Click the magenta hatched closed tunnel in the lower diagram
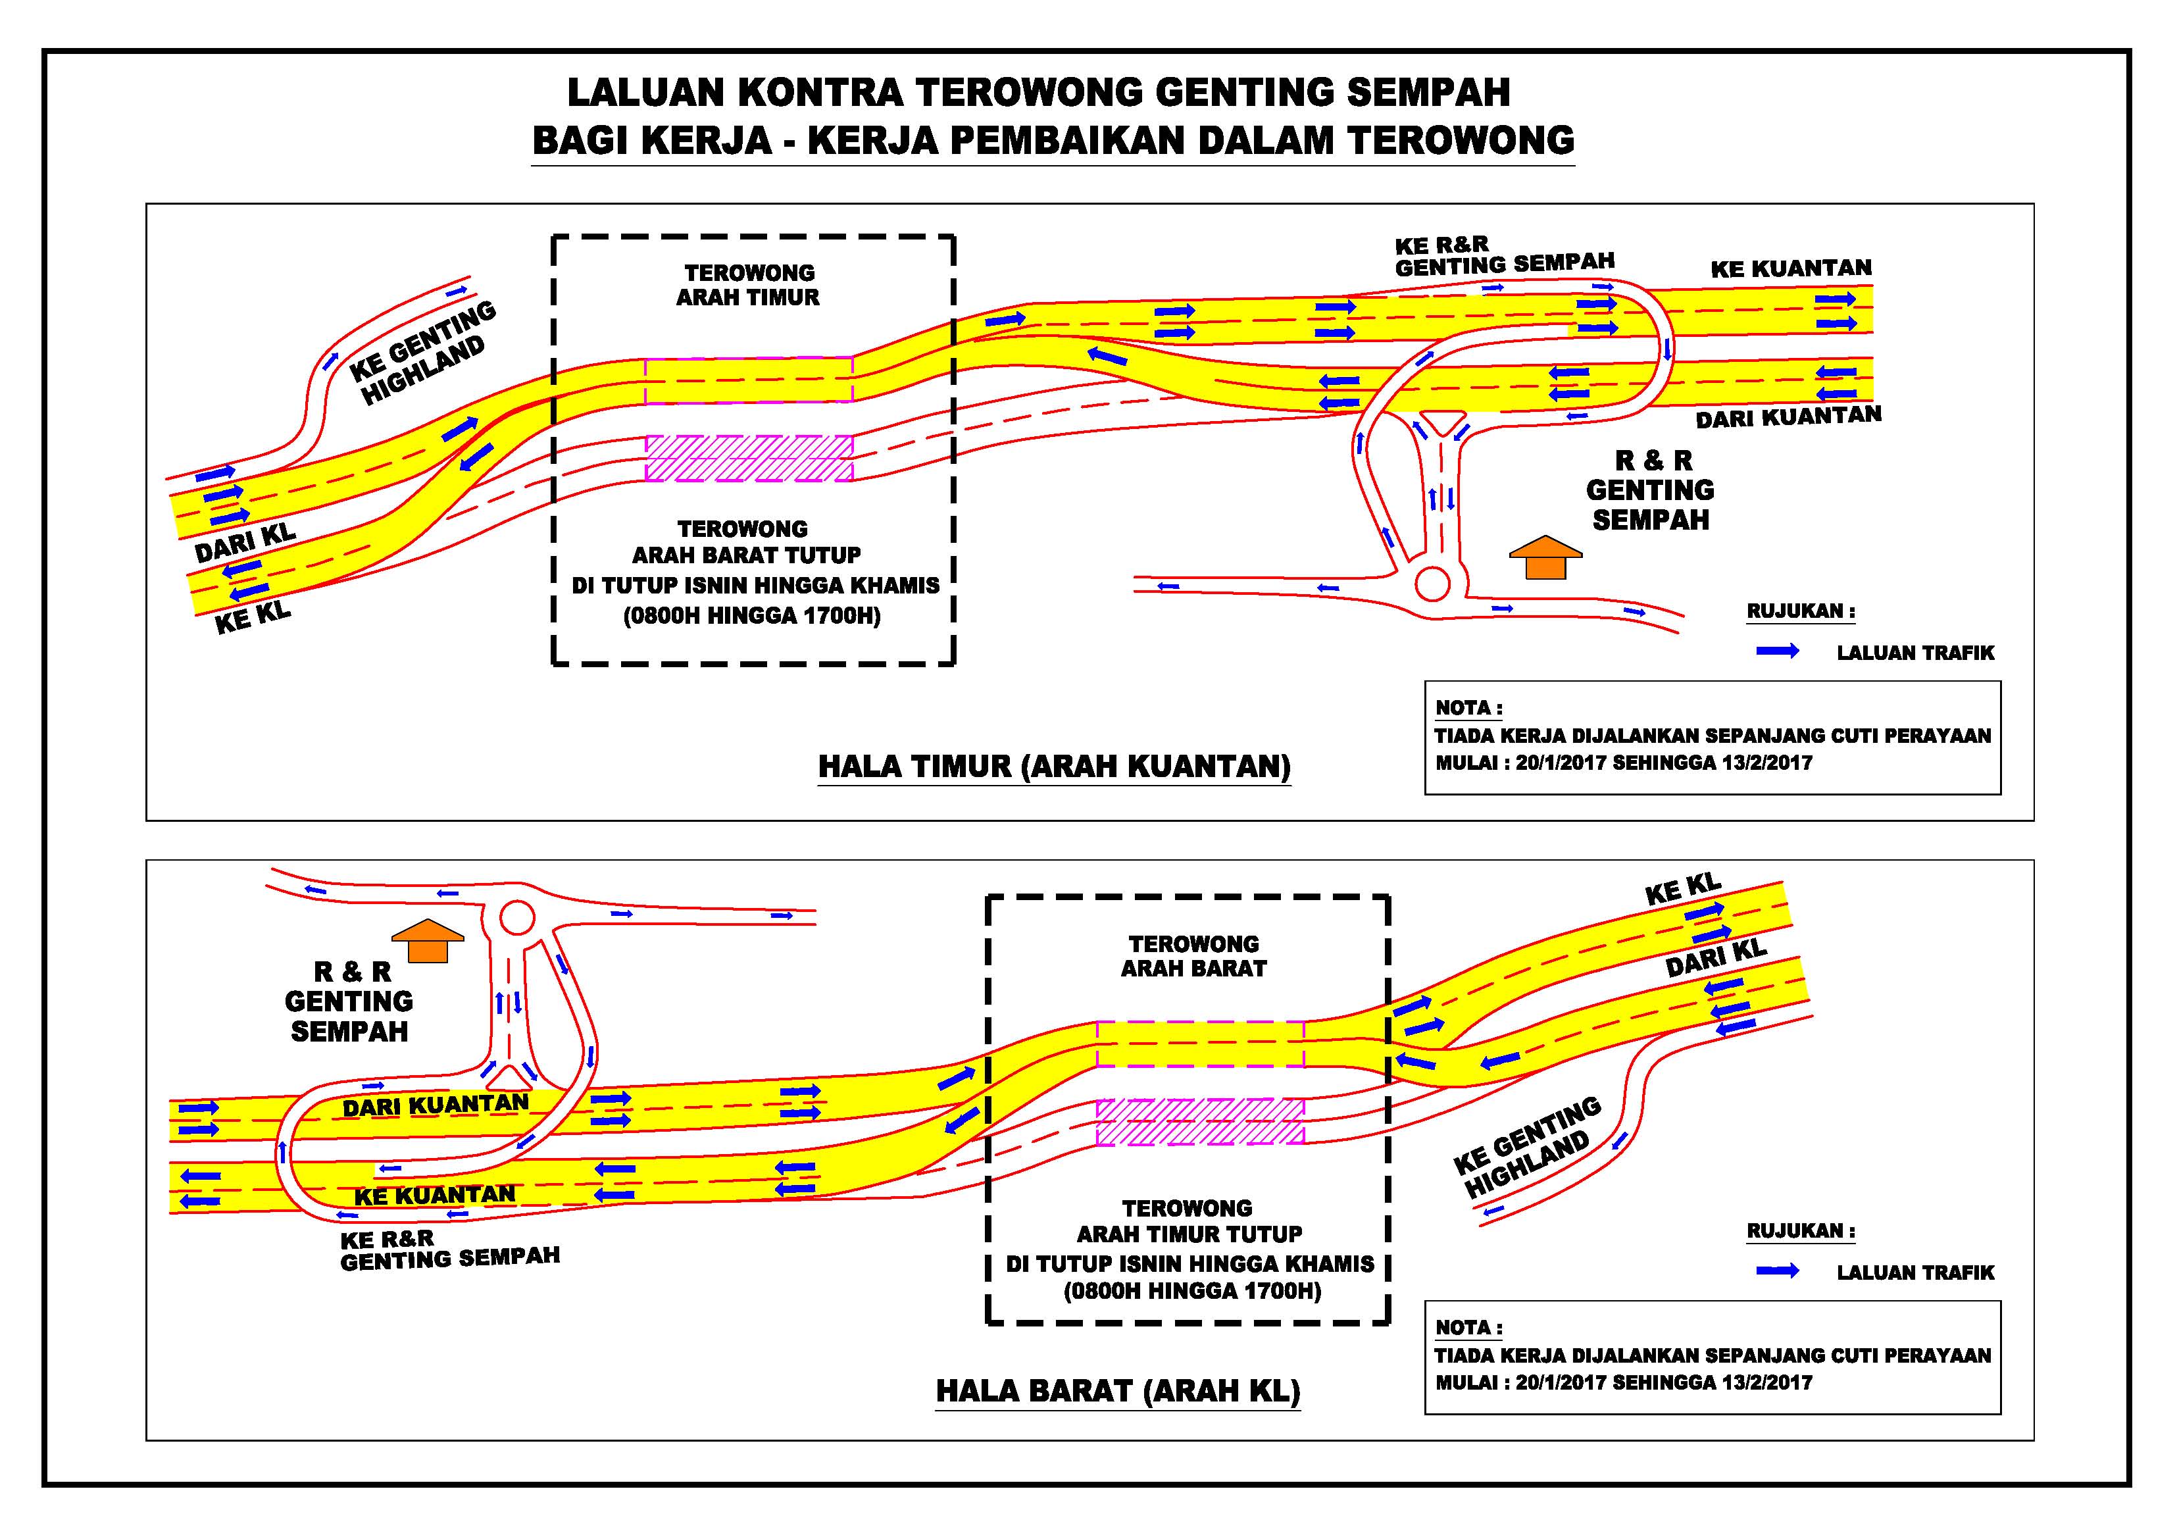tap(1201, 1122)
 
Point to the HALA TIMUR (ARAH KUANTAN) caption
tap(1055, 766)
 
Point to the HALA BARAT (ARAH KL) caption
tap(1118, 1391)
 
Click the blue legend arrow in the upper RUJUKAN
tap(1778, 651)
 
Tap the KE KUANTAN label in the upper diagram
tap(1791, 268)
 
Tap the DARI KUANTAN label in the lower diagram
tap(436, 1105)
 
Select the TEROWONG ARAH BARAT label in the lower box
tap(1193, 956)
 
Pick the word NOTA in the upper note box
tap(1464, 709)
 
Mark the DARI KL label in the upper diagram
tap(245, 542)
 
